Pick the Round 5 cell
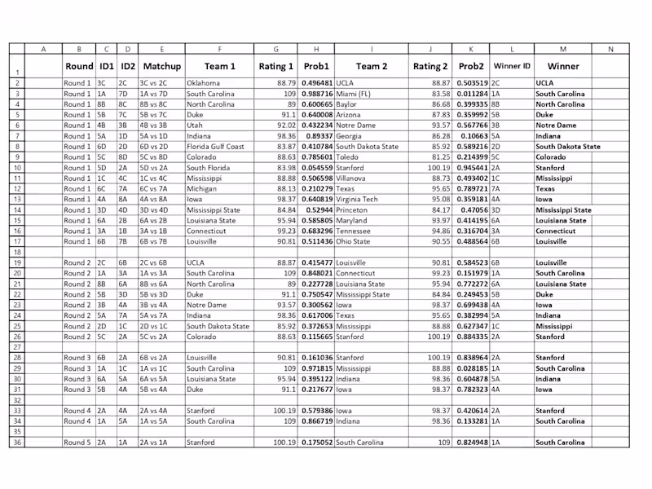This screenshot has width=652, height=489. [78, 443]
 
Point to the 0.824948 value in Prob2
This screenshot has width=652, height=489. [472, 443]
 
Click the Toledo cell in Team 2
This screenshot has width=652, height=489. [348, 156]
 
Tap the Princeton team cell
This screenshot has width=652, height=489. [352, 209]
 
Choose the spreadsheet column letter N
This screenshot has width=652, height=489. [610, 49]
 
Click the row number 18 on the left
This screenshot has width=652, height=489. [16, 252]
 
